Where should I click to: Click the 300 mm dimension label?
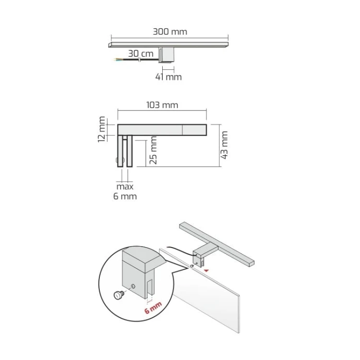(x=170, y=32)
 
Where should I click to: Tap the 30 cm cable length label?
(x=141, y=53)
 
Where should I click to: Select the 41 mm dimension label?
(x=168, y=77)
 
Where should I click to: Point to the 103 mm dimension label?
(x=162, y=105)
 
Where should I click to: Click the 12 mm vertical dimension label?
(x=101, y=129)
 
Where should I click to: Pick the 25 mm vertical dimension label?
(x=153, y=150)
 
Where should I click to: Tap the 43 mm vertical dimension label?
(x=224, y=145)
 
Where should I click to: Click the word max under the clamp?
(x=125, y=186)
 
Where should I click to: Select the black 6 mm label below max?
(x=125, y=196)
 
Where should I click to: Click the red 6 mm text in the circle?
(x=153, y=308)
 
